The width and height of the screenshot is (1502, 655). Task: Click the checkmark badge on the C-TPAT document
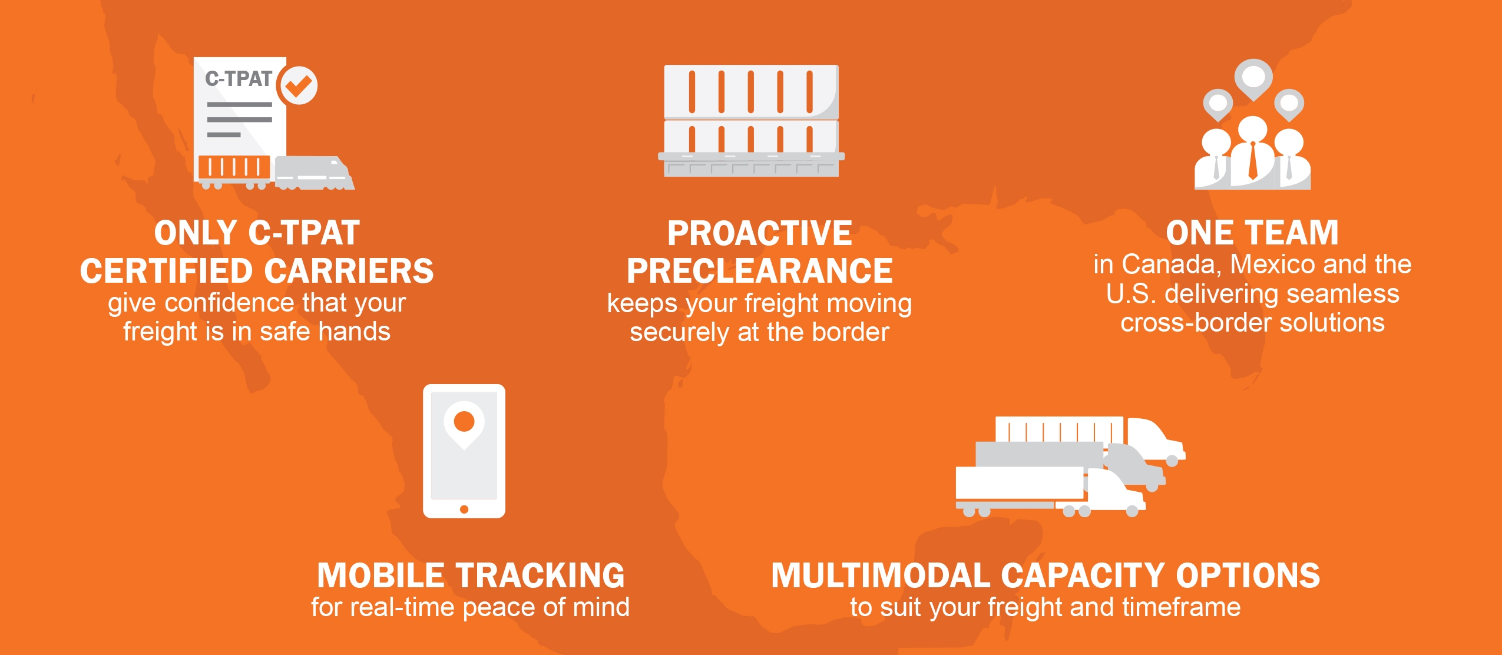[x=299, y=85]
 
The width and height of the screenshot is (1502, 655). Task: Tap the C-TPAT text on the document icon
[x=239, y=78]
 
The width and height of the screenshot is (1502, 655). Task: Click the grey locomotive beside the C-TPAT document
[x=315, y=173]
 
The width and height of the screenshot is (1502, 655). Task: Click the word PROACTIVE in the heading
[x=760, y=233]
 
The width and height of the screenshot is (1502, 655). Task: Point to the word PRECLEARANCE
[x=760, y=271]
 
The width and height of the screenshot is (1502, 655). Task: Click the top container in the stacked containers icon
[x=751, y=91]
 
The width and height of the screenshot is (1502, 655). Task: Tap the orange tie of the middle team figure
[x=1253, y=160]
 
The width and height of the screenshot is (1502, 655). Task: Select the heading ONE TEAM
[x=1252, y=233]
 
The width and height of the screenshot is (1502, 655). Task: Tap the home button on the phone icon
[x=464, y=509]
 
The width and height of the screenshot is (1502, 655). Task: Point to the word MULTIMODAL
[x=880, y=575]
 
